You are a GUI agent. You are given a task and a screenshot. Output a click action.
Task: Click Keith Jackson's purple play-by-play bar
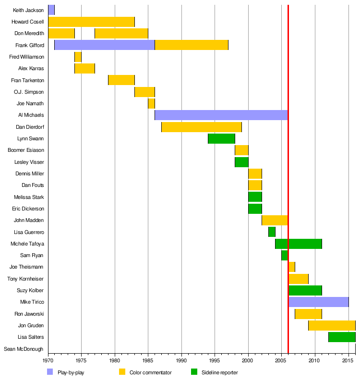(x=51, y=10)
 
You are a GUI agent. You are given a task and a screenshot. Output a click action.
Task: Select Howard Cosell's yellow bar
(x=91, y=22)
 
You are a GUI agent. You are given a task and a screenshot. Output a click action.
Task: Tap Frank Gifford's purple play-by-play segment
(x=104, y=45)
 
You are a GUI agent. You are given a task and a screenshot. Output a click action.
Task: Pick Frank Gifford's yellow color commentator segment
(x=191, y=45)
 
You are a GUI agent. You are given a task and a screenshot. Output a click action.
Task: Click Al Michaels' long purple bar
(x=221, y=115)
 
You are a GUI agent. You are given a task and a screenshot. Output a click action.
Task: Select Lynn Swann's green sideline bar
(x=221, y=139)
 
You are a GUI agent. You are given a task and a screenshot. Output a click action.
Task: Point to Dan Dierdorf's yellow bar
(x=201, y=127)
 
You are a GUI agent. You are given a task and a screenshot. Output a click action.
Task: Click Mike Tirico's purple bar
(x=318, y=302)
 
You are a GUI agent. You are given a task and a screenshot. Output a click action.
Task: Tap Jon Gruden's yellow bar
(x=331, y=325)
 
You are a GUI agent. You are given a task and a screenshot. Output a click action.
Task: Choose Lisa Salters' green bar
(x=341, y=337)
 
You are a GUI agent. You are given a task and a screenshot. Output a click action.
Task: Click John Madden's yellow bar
(x=275, y=220)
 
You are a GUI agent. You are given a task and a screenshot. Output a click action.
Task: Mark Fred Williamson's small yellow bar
(x=78, y=57)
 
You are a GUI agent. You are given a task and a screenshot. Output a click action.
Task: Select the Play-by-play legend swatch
(x=50, y=372)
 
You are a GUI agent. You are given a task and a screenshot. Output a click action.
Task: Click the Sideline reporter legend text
(x=219, y=372)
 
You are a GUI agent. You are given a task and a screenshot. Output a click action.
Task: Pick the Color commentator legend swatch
(x=122, y=372)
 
